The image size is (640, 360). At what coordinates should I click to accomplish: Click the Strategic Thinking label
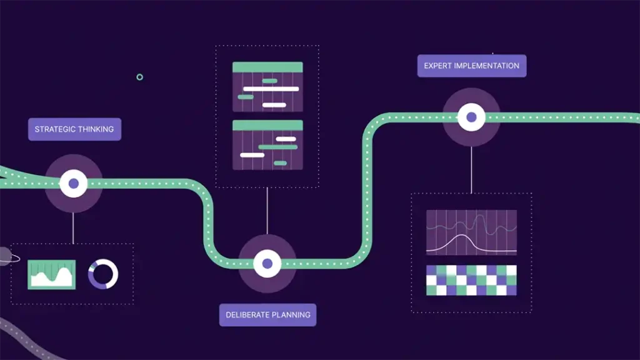[74, 129]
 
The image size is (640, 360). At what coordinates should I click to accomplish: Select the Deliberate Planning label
[267, 315]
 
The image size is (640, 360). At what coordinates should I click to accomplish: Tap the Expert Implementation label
[472, 66]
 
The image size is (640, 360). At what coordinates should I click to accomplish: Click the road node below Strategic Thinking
[74, 184]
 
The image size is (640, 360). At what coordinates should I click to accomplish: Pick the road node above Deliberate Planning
[267, 263]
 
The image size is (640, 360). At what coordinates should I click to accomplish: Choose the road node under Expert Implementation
[471, 117]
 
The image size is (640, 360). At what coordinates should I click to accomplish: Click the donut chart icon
[103, 274]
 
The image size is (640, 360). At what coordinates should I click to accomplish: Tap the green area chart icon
[52, 274]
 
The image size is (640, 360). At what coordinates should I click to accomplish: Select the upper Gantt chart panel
[267, 87]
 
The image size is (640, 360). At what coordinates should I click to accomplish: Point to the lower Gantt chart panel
[267, 144]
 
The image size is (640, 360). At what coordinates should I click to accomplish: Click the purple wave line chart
[471, 232]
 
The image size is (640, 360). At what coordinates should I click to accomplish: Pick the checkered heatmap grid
[471, 280]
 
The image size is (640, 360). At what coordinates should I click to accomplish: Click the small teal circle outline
[139, 77]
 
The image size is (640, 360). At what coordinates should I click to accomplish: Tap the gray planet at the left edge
[4, 256]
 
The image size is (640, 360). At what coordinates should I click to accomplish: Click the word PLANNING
[289, 315]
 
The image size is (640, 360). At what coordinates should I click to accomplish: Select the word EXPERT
[437, 66]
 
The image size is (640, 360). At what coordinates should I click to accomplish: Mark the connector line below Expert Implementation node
[471, 169]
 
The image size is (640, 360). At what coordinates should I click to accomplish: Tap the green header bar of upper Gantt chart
[267, 67]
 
